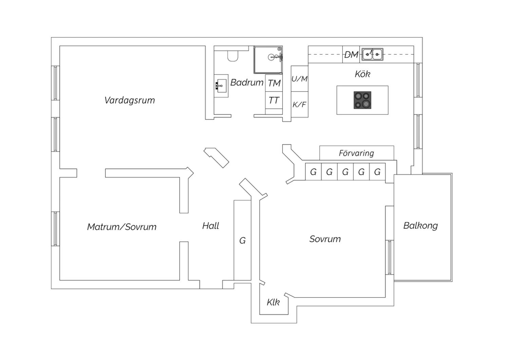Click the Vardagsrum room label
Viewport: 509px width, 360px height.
[x=130, y=100]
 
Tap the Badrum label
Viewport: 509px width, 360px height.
[x=247, y=82]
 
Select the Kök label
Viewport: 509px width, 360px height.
[x=362, y=74]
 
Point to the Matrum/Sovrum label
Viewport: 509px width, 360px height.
[x=121, y=227]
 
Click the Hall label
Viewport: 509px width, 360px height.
[x=211, y=226]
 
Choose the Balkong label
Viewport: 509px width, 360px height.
[x=420, y=226]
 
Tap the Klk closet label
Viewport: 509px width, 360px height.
[x=273, y=302]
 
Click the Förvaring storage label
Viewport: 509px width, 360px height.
[x=356, y=153]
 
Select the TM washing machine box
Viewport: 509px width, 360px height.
[x=274, y=83]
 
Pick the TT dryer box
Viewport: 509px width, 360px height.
[x=274, y=100]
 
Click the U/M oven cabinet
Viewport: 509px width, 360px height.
[x=299, y=79]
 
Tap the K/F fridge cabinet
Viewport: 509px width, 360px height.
[x=299, y=105]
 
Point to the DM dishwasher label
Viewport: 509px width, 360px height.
[x=351, y=54]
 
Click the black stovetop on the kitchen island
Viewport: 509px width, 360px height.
[x=362, y=100]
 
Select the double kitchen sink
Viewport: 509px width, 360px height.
[x=372, y=54]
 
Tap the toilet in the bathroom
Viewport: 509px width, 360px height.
[x=233, y=56]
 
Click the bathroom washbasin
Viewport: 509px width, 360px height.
[x=221, y=86]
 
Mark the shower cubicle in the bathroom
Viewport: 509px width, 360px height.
[x=268, y=60]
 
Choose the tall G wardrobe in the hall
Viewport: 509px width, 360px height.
[x=242, y=240]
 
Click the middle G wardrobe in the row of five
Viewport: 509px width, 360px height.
[x=345, y=172]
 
